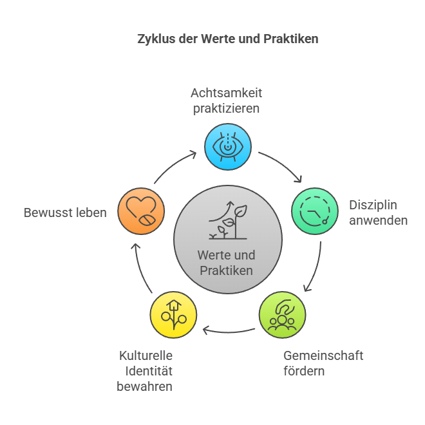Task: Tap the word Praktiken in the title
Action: click(291, 39)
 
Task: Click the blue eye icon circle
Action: click(228, 147)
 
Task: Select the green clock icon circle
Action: click(315, 211)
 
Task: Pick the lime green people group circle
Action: click(282, 315)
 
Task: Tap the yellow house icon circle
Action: click(173, 315)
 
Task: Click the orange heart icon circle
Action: click(141, 211)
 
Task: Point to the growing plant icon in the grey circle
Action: click(228, 220)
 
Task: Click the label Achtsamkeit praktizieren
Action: click(226, 100)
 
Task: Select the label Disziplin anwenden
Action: click(378, 212)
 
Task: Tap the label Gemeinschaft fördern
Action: click(323, 363)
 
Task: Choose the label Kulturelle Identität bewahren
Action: click(144, 371)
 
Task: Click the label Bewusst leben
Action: click(65, 212)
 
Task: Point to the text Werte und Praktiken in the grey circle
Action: click(226, 263)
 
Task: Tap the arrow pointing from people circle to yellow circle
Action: click(228, 332)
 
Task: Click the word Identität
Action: click(149, 371)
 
